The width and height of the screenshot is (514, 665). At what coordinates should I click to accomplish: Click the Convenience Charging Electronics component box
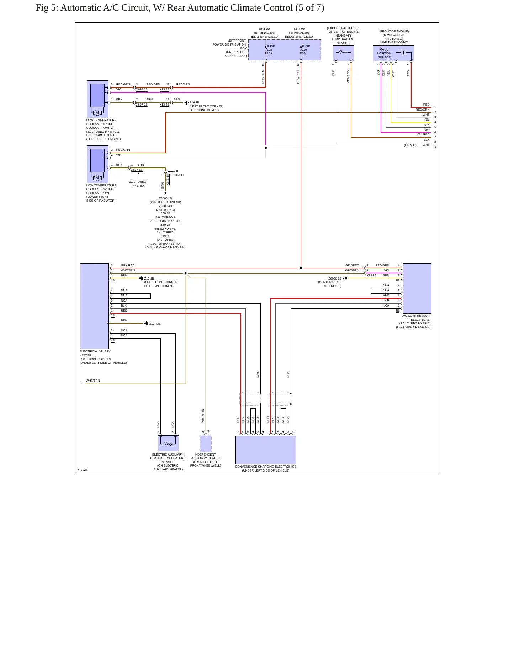coord(266,449)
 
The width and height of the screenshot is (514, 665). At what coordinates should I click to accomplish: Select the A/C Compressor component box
coord(417,288)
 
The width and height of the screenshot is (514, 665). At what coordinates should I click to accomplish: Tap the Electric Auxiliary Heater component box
coord(94,306)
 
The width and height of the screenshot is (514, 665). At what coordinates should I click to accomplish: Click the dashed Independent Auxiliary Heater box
coord(206,443)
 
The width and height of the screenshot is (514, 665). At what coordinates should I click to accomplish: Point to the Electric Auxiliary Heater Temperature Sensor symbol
coord(168,443)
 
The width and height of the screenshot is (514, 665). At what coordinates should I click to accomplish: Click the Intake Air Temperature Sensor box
coord(343,53)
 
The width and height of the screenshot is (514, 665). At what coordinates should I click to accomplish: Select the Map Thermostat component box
coord(393,53)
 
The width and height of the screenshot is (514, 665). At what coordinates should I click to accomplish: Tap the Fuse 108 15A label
coord(271,50)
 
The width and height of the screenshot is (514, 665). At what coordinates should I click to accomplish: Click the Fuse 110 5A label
coord(306,50)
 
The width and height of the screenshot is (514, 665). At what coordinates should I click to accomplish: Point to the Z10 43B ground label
coord(155,324)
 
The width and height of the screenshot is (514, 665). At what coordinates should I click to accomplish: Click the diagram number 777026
coord(82,470)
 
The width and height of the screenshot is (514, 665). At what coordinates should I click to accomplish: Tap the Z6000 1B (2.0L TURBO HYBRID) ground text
coord(165,200)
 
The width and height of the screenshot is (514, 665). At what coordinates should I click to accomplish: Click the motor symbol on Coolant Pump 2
coord(97,113)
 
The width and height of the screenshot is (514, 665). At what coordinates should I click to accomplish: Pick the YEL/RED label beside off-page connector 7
coord(423,134)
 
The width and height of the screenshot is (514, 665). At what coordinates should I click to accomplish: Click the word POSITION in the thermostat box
coord(384,53)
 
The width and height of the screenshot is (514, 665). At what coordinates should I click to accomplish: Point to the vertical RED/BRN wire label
coord(263,76)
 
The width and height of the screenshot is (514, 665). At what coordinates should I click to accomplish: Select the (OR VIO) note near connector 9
coord(410,145)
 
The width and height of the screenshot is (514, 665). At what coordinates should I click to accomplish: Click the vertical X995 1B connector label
coord(168,179)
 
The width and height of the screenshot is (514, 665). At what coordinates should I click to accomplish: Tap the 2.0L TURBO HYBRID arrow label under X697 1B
coord(138,183)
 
